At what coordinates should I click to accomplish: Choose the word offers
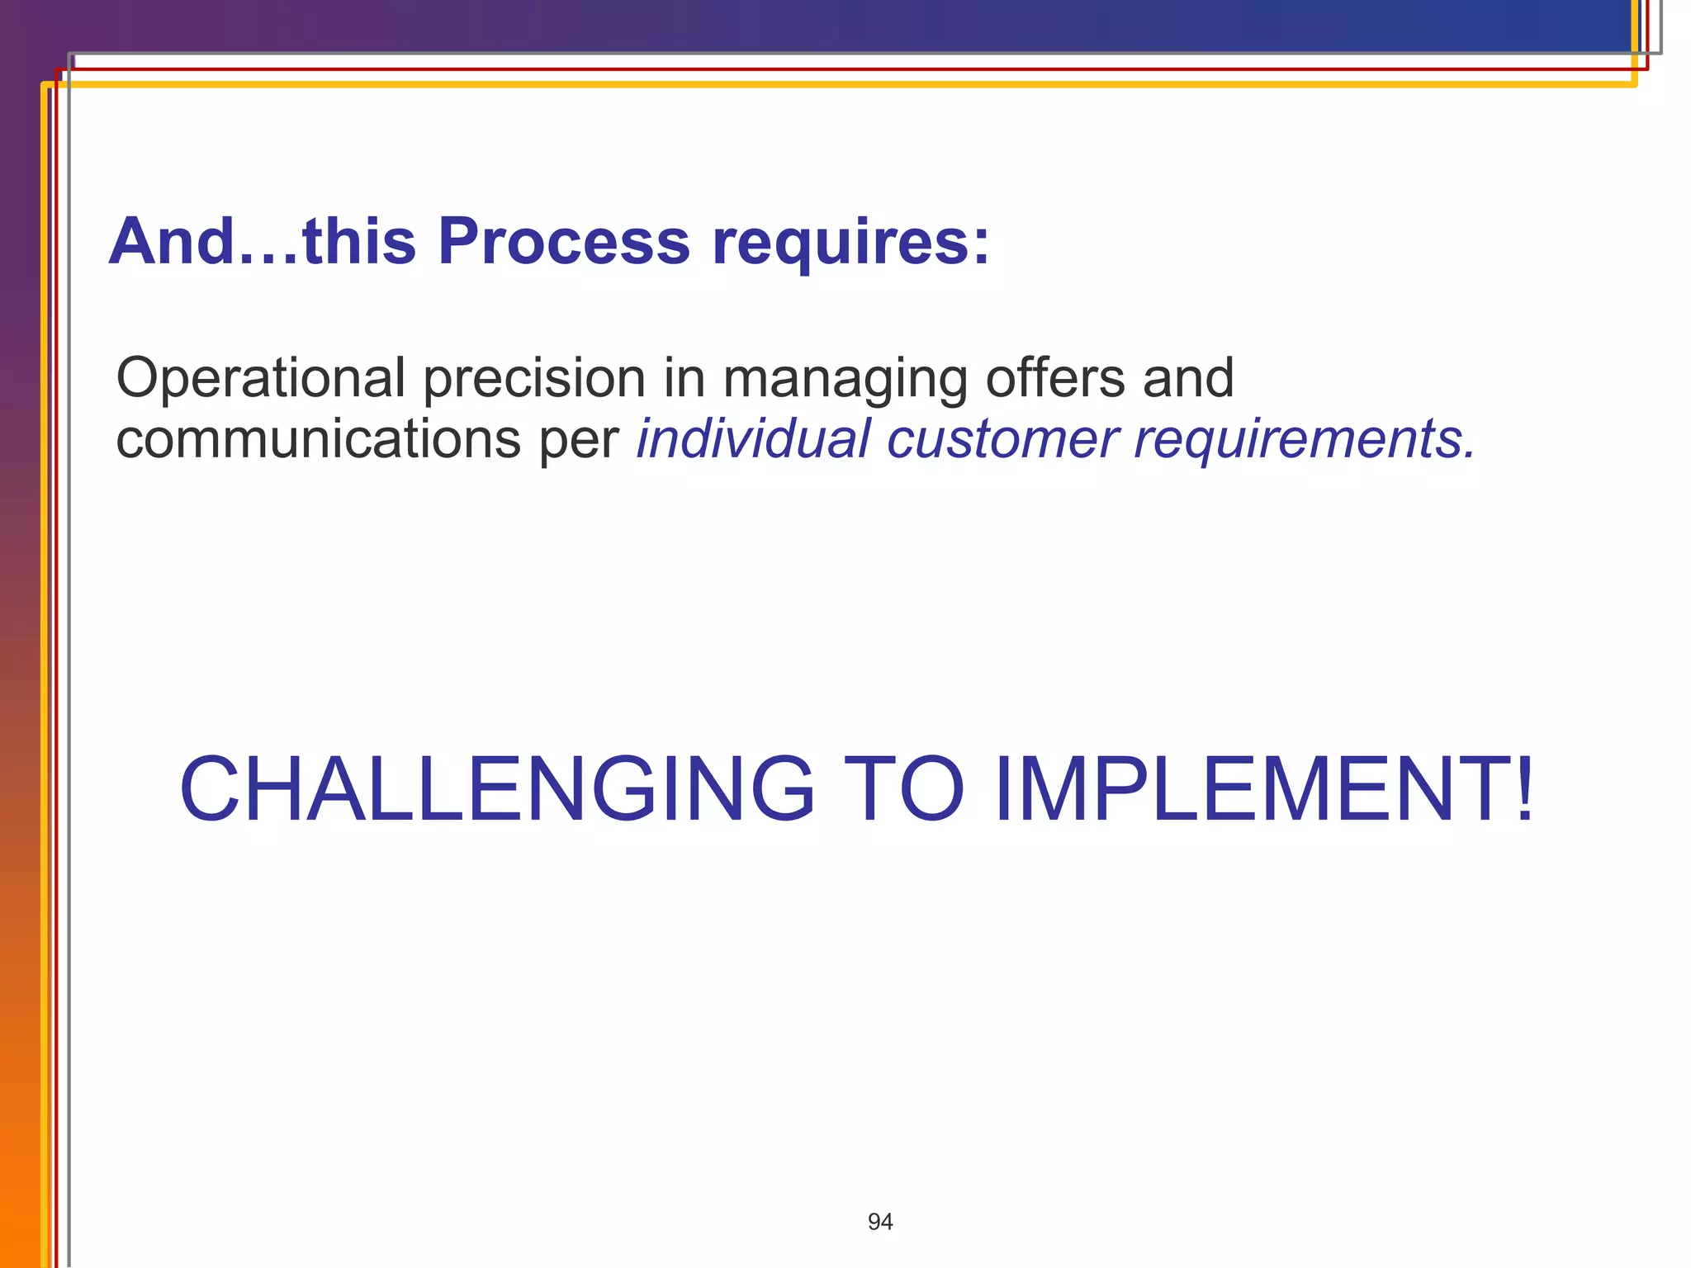coord(1055,378)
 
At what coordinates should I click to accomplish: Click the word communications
coord(318,439)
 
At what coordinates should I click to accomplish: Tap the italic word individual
coord(753,438)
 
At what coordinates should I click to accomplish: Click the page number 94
coord(880,1222)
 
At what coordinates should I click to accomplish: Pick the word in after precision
coord(683,378)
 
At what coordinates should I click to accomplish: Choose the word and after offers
coord(1188,378)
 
